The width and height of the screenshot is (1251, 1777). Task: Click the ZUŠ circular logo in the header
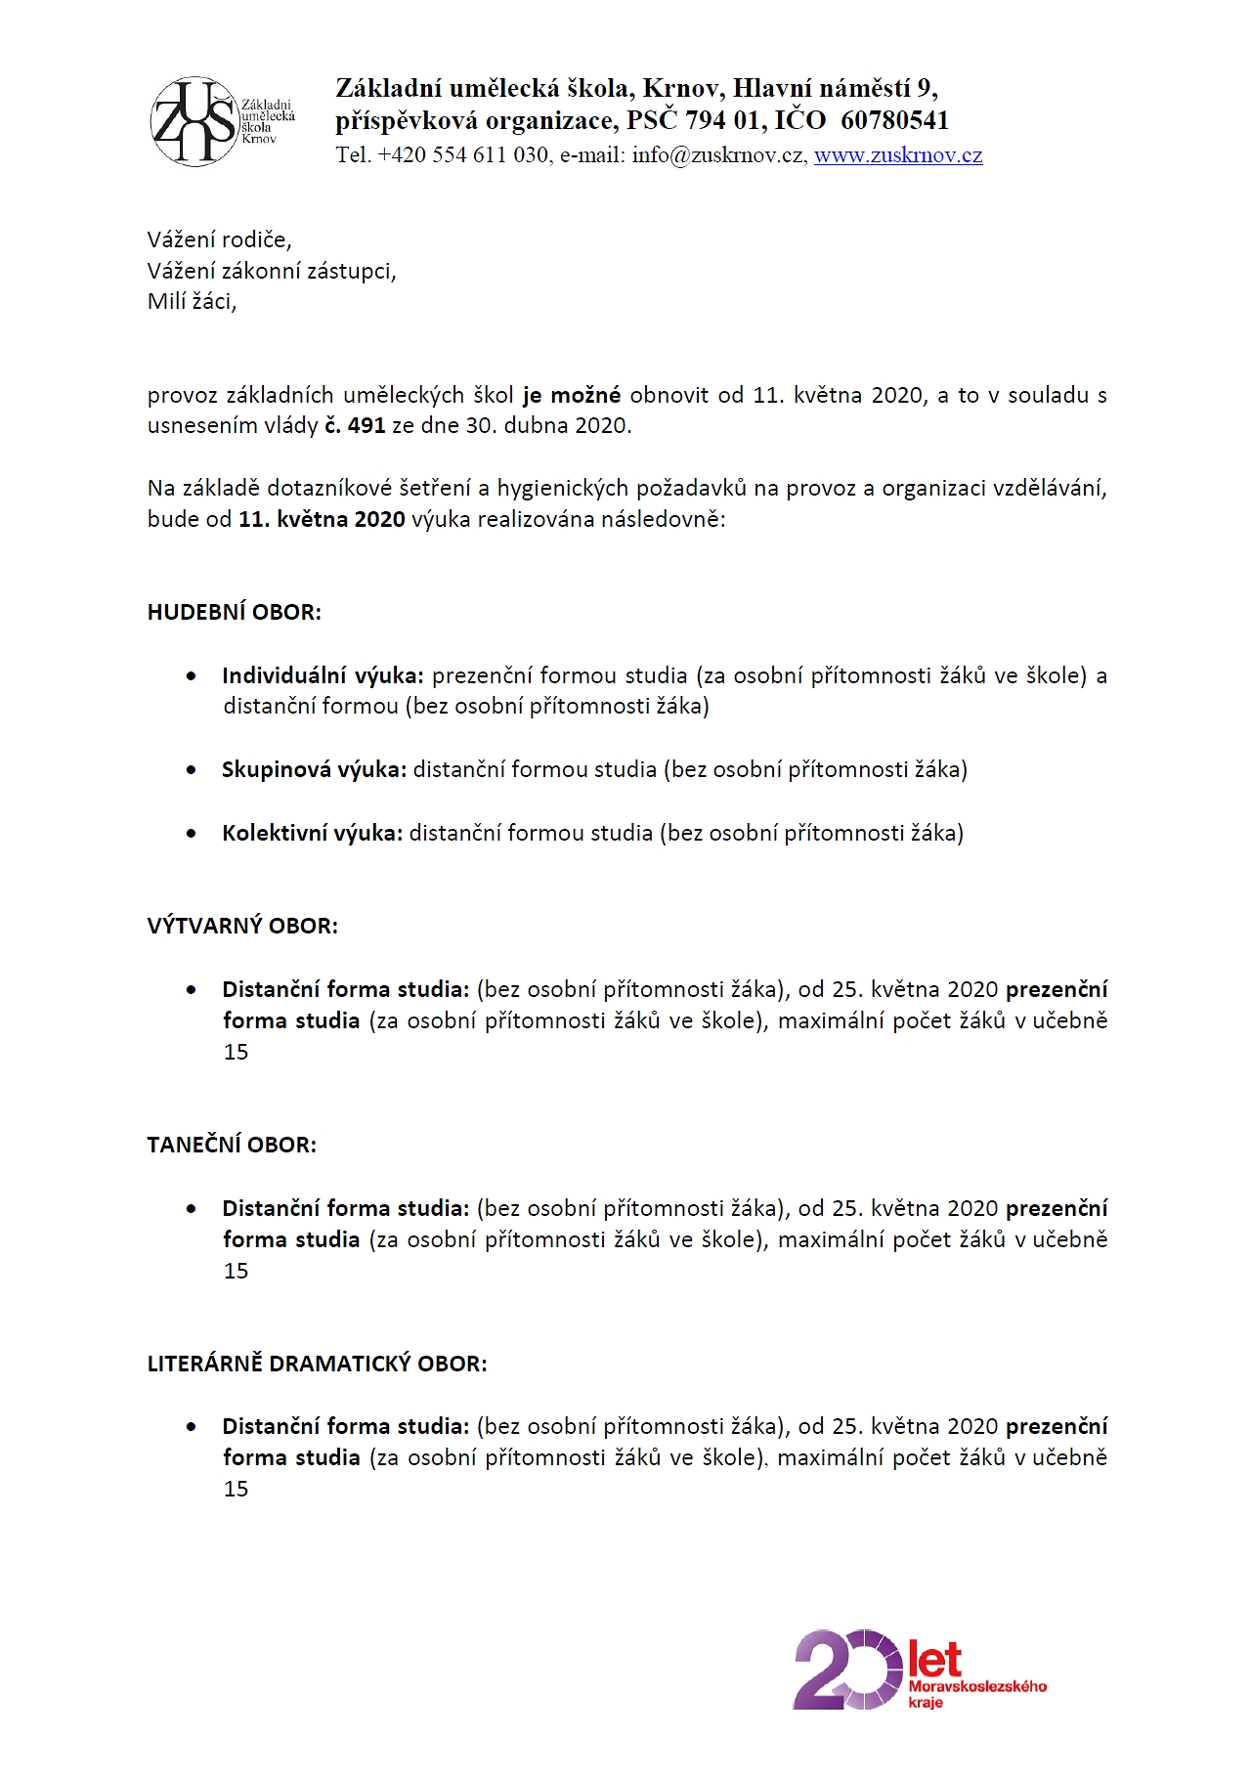point(194,121)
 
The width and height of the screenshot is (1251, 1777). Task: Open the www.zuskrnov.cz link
point(898,155)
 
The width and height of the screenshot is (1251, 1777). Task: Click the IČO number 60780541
point(894,120)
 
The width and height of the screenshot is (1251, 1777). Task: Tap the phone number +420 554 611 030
point(463,155)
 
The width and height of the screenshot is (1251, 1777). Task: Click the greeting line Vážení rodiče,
point(220,239)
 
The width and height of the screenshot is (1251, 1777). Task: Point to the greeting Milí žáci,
point(193,301)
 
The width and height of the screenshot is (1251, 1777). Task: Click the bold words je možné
point(572,395)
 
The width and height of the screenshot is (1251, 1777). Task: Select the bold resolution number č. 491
point(355,425)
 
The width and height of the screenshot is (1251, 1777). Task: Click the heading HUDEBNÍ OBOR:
point(235,613)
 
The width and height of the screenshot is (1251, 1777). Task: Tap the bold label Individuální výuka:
point(323,675)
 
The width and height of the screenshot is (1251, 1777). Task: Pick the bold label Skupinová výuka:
point(314,769)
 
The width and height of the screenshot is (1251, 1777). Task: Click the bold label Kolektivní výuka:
point(312,833)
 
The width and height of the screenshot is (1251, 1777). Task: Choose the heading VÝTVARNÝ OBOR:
point(242,926)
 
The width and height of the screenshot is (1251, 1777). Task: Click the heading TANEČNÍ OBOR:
point(232,1145)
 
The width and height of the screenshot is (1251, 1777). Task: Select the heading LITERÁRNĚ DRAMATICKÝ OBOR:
point(317,1364)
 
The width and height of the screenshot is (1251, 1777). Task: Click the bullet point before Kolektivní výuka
point(192,834)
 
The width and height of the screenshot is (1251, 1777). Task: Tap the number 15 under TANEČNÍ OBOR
point(237,1271)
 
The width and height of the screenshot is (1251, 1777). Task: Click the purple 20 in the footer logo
point(846,1669)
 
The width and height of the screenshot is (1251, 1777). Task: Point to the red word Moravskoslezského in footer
point(977,1686)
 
